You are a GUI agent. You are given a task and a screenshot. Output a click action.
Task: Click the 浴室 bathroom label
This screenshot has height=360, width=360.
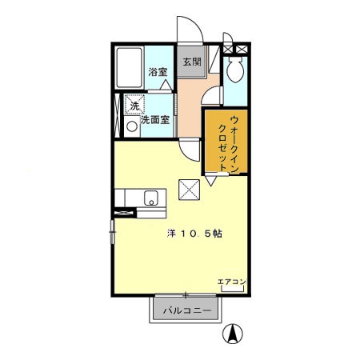(x=157, y=71)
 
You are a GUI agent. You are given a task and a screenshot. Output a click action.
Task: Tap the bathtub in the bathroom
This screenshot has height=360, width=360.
(x=130, y=69)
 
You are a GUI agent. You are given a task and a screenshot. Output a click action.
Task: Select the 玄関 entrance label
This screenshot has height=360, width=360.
(x=190, y=62)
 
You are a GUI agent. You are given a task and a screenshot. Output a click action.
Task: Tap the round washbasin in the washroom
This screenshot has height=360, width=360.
(x=132, y=125)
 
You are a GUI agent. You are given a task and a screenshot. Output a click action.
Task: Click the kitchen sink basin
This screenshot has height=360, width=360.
(x=150, y=198)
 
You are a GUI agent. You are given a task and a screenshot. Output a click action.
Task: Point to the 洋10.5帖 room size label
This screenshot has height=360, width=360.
(x=194, y=234)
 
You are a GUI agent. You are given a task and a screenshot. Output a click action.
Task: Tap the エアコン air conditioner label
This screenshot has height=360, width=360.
(x=231, y=281)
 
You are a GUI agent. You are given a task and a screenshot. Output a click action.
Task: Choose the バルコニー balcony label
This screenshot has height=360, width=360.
(x=186, y=310)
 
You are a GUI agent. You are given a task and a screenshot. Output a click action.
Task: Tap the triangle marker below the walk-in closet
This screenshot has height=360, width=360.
(x=210, y=182)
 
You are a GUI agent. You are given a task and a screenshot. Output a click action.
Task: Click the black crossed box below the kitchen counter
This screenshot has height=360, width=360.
(x=125, y=213)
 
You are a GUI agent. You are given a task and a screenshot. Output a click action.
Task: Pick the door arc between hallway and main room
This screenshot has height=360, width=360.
(x=190, y=148)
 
